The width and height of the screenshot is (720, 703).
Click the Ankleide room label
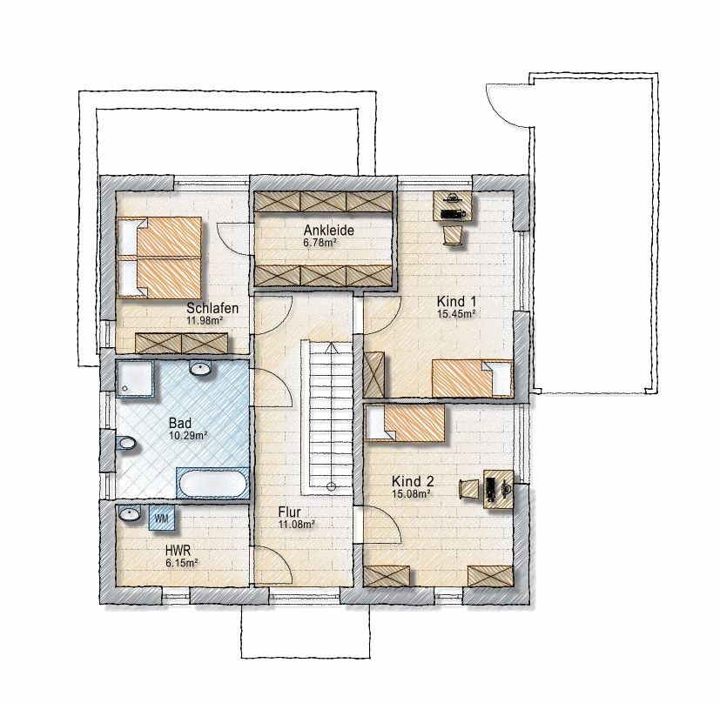(329, 230)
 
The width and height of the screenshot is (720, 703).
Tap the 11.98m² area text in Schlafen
(205, 320)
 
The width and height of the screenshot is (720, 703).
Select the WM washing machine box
(163, 518)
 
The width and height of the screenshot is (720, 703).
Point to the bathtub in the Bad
(213, 483)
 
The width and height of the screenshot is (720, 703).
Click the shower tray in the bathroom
(136, 378)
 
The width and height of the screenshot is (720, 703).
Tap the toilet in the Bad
(125, 443)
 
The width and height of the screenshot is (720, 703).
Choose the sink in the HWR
(131, 513)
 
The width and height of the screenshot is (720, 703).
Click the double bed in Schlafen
(160, 257)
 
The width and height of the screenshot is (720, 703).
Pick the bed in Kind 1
(473, 378)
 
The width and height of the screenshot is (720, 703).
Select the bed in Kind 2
(405, 423)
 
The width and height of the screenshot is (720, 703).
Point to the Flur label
(290, 512)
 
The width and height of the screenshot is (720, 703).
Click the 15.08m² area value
(411, 493)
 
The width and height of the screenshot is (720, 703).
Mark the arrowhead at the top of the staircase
(331, 348)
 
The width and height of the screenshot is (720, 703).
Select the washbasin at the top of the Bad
(200, 368)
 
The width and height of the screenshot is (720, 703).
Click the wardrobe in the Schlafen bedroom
(182, 343)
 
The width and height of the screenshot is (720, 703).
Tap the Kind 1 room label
(456, 302)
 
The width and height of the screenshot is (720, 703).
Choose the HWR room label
(178, 550)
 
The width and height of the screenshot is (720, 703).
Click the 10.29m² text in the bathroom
(188, 436)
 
